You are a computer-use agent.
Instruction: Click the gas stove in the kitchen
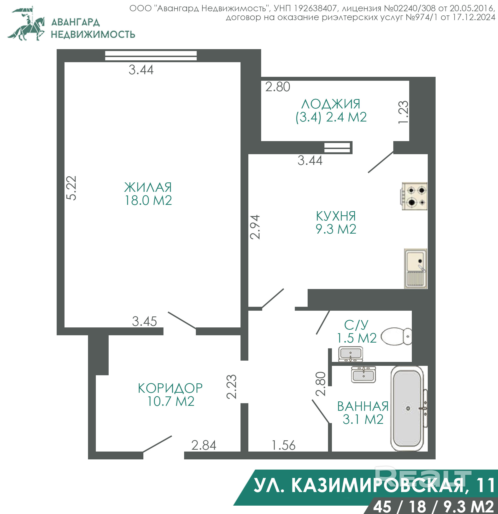pos(414,196)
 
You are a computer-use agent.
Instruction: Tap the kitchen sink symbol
pos(416,269)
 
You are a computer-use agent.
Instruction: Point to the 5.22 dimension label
pos(71,188)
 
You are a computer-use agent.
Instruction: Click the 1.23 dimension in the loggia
pos(403,112)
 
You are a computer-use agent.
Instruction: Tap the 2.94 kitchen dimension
pos(255,227)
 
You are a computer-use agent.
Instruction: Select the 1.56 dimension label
pos(284,445)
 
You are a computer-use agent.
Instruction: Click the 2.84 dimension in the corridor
pos(204,445)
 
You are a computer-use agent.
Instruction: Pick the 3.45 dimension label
pos(144,321)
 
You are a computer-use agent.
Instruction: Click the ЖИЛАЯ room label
pos(148,188)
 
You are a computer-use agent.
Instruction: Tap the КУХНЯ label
pos(336,216)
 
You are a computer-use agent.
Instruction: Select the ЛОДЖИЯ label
pos(331,104)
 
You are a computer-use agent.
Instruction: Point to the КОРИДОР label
pos(170,388)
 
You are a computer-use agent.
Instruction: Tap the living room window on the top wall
pos(151,56)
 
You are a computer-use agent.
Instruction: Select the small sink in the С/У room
pos(350,354)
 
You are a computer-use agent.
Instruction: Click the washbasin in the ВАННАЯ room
pos(364,374)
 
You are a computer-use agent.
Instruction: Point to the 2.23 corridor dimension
pos(231,386)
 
